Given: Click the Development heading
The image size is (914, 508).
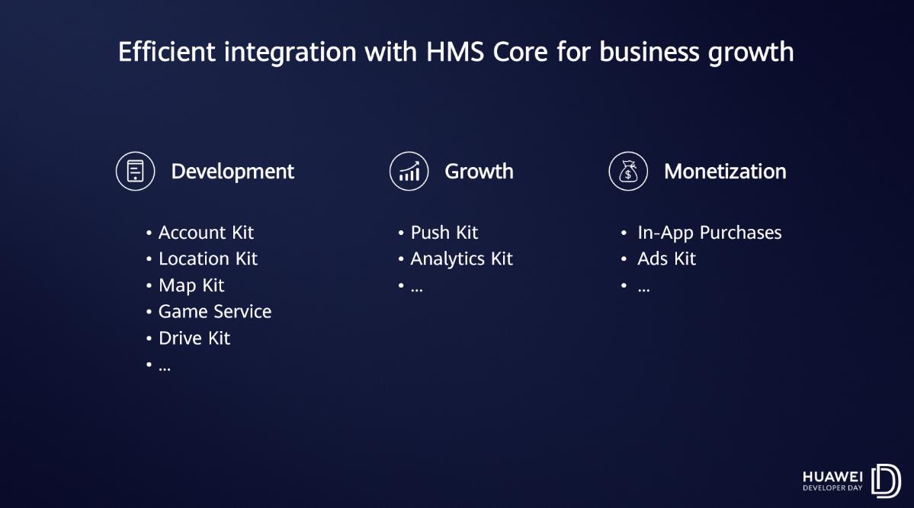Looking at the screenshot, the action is (232, 172).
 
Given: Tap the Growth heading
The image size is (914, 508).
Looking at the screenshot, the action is (479, 172).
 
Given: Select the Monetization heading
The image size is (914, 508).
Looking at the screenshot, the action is (724, 172).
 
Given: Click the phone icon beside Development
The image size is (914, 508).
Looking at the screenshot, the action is (135, 172).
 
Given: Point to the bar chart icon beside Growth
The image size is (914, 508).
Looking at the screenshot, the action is (409, 172).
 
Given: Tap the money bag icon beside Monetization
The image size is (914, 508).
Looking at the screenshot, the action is (628, 172).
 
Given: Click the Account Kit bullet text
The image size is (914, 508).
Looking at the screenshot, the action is (206, 233).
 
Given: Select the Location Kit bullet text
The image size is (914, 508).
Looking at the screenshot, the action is (208, 259).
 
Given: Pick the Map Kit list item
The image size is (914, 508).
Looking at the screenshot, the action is (191, 286).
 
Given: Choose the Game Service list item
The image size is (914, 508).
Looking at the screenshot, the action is (215, 312).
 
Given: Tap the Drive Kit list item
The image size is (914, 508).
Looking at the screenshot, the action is (194, 338).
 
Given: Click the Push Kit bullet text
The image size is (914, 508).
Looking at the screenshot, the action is (444, 233).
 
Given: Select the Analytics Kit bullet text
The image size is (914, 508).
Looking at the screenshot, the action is (462, 259).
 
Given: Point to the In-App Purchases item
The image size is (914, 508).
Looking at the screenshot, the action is (710, 233).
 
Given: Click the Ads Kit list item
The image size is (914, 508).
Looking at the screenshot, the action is (666, 259).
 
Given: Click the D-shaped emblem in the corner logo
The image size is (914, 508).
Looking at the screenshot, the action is (886, 481).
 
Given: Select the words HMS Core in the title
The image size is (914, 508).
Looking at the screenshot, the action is (486, 52).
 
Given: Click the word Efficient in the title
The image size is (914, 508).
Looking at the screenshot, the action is (167, 52).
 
